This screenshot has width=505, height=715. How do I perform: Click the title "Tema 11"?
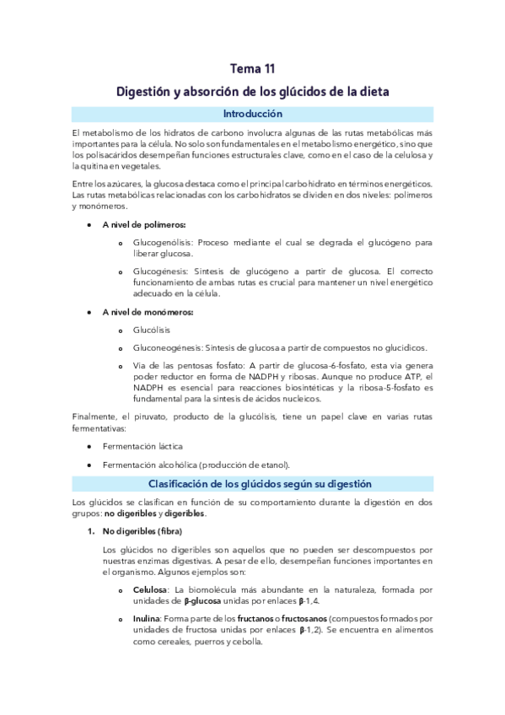[252, 69]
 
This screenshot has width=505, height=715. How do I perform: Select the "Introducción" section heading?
[252, 114]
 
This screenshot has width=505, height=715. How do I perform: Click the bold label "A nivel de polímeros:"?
[143, 224]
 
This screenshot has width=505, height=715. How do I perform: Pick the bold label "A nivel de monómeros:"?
[148, 312]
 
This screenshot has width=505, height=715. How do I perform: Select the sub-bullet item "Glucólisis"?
[152, 331]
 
